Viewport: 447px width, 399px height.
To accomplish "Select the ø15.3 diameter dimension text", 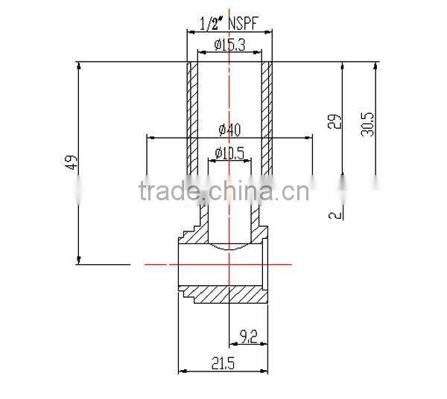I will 229,45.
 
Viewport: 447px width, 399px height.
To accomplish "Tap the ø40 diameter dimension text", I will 229,130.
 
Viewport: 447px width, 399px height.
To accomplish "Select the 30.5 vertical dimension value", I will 367,121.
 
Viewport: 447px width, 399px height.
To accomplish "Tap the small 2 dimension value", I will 337,214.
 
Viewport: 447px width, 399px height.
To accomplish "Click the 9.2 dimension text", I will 247,336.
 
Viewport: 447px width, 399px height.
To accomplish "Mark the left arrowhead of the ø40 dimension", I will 150,137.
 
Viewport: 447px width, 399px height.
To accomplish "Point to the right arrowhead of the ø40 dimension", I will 309,137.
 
